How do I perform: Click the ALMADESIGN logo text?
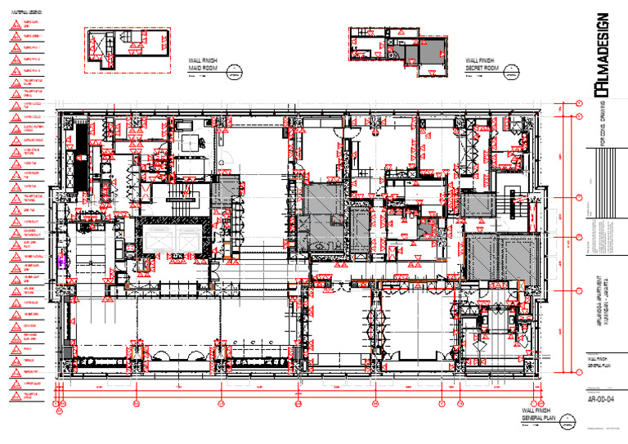(601, 53)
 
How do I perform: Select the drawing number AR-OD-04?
(601, 398)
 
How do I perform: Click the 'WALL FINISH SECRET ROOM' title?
(482, 65)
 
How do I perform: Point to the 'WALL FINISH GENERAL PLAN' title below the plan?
(538, 414)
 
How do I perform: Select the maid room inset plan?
(123, 51)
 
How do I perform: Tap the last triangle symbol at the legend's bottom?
(15, 397)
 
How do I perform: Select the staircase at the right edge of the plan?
(516, 201)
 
